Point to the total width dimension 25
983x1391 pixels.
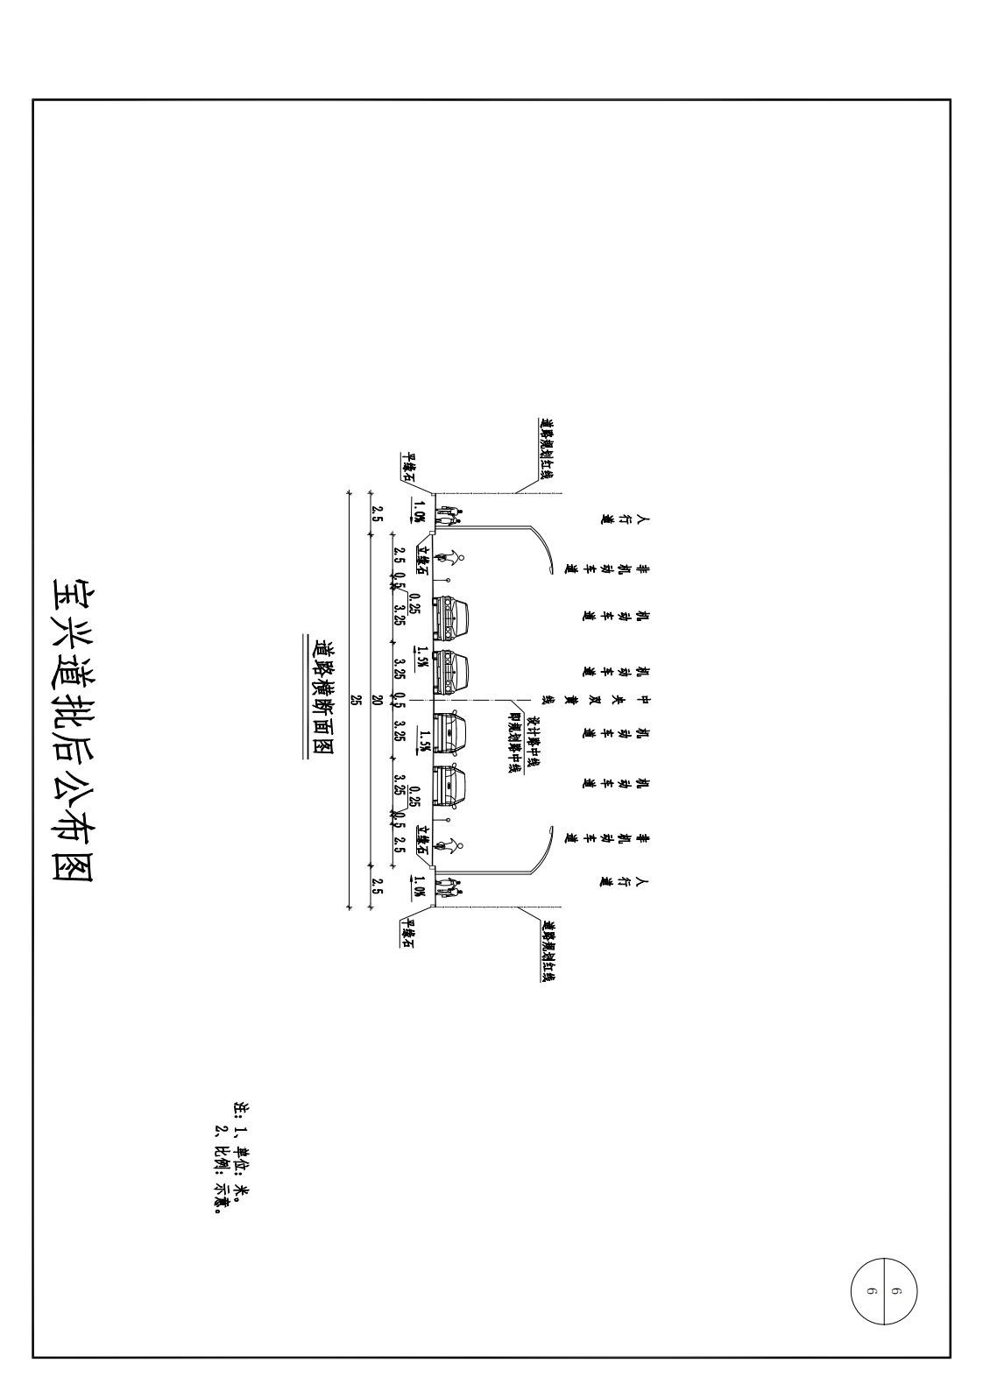pos(356,700)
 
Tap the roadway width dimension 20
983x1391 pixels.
pos(377,700)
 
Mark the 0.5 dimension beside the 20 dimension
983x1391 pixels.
pos(400,701)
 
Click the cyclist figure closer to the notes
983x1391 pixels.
pos(453,844)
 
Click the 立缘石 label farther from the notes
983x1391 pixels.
pos(422,560)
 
